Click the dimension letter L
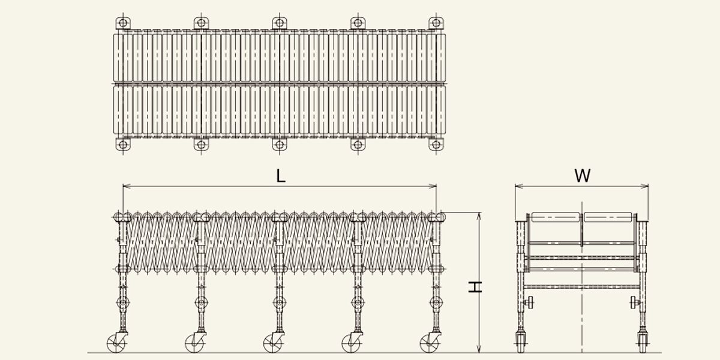tap(281, 176)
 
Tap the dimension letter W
tap(583, 176)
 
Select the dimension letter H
tap(475, 287)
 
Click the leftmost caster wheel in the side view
tap(116, 344)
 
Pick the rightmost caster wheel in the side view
tap(429, 344)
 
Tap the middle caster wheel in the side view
tap(272, 344)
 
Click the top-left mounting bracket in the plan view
tap(123, 23)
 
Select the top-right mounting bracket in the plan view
tap(436, 23)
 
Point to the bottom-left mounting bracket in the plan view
tap(123, 145)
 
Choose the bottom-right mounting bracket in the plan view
tap(436, 145)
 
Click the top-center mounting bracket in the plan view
tap(280, 23)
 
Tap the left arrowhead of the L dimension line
tap(127, 186)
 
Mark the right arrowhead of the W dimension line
tap(644, 186)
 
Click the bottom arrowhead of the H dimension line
tap(479, 349)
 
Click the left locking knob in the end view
tap(529, 302)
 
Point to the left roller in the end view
tap(556, 217)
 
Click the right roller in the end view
tap(608, 217)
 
